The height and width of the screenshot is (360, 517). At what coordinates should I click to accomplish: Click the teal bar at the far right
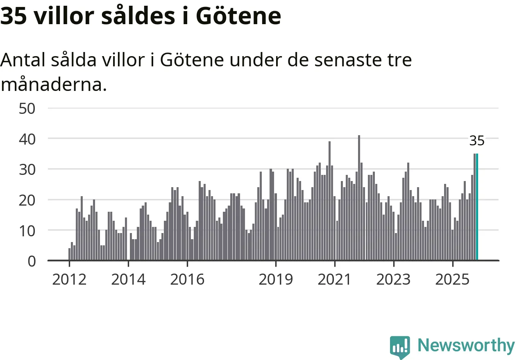477,207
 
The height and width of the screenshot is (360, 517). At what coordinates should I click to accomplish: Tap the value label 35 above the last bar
477,141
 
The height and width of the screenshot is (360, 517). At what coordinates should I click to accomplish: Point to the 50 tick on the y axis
28,109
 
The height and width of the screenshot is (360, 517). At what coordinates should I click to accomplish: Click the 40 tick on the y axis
28,139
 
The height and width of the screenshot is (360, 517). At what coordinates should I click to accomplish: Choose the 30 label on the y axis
28,169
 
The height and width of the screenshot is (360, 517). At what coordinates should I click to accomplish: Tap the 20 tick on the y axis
28,200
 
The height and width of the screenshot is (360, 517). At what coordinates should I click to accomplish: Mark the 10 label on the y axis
28,230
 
